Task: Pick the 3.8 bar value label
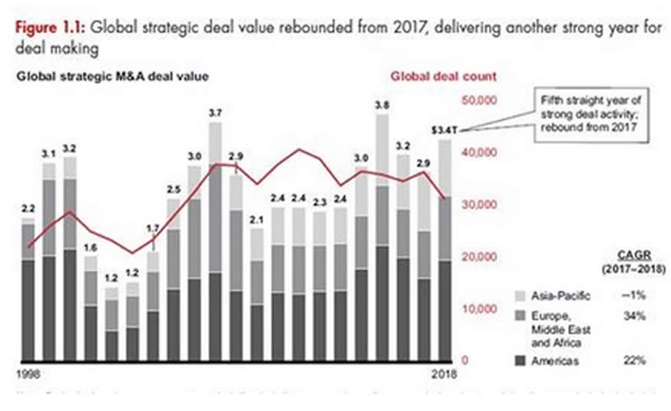coord(381,105)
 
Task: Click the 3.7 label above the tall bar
coord(215,114)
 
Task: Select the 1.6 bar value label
coord(90,247)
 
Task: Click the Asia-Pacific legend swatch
coord(519,295)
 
